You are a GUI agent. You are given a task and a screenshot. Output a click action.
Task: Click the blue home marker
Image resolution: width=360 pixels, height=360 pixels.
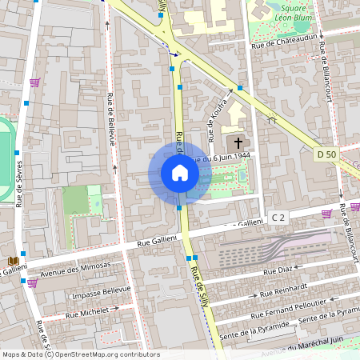[180, 173]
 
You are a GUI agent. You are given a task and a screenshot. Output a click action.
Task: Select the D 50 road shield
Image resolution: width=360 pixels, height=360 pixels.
[326, 154]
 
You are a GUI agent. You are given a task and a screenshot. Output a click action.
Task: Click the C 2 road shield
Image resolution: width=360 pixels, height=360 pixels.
[278, 217]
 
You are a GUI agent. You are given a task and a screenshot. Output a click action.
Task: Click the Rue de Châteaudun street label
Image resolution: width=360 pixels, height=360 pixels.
[286, 41]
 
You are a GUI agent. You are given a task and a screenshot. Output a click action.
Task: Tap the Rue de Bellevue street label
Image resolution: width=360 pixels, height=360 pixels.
[111, 120]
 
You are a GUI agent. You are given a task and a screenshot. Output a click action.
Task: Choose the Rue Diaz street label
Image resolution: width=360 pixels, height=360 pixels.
[279, 272]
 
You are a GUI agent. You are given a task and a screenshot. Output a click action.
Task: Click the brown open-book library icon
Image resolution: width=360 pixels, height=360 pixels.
[12, 262]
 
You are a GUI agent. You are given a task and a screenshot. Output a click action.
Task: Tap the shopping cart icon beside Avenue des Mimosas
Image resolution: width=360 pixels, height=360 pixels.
[32, 282]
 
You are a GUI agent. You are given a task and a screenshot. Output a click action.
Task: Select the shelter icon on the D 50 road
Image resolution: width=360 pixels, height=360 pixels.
[272, 120]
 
